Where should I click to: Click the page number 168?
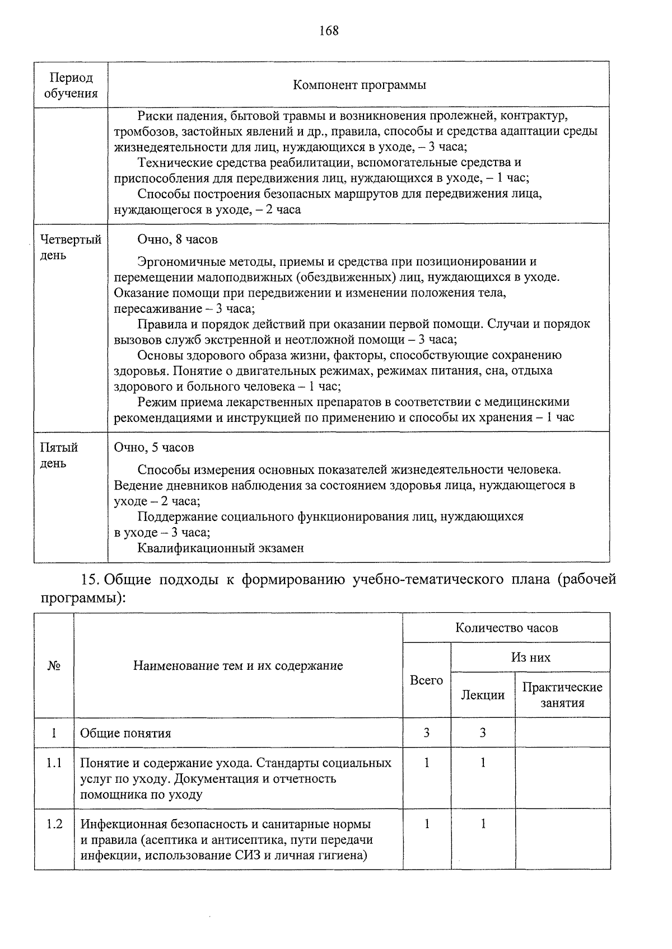coord(329,31)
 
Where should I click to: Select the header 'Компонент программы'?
coord(359,85)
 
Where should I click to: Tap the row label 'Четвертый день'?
coord(71,247)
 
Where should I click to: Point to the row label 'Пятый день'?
coord(59,455)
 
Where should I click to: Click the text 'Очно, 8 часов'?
coord(178,239)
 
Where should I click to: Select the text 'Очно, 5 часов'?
coord(154,448)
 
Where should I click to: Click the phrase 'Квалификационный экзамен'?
coord(221,548)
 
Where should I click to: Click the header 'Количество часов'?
coord(506,627)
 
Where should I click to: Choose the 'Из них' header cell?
coord(530,657)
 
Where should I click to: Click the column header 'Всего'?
coord(426,680)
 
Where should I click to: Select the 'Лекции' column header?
coord(483,695)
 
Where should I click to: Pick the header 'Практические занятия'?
coord(562,695)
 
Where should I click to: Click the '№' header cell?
coord(54,666)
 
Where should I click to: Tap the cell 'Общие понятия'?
coord(125,733)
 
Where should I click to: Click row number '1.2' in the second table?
coord(54,824)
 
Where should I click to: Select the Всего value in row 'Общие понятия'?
coord(426,733)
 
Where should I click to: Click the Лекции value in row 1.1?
coord(483,763)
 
